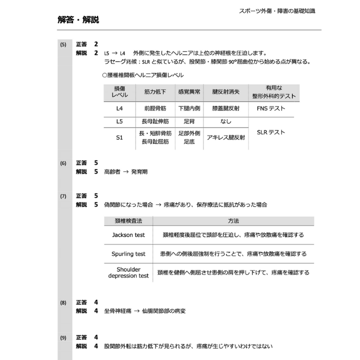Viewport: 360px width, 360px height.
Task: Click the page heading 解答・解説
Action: [78, 20]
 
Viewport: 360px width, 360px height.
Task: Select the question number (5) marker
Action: [63, 44]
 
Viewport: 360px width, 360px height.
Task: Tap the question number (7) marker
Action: [63, 196]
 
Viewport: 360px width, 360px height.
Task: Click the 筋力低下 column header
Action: [155, 92]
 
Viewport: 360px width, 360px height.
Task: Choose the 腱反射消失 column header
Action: [225, 92]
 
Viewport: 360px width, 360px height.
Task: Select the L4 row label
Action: [119, 108]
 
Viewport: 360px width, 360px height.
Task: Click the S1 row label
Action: [119, 137]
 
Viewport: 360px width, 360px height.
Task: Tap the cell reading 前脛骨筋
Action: [155, 108]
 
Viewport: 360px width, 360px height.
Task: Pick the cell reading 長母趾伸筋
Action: [155, 121]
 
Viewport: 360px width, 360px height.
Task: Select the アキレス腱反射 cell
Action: [225, 137]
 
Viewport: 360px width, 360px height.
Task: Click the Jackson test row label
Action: [128, 234]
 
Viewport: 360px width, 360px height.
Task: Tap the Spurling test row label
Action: [128, 254]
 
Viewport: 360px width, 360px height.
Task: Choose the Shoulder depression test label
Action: [128, 272]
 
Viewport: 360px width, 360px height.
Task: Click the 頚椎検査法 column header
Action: [128, 220]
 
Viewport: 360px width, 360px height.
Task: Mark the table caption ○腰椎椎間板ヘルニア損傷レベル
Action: [142, 75]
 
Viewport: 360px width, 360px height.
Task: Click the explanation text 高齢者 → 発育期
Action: [125, 171]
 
